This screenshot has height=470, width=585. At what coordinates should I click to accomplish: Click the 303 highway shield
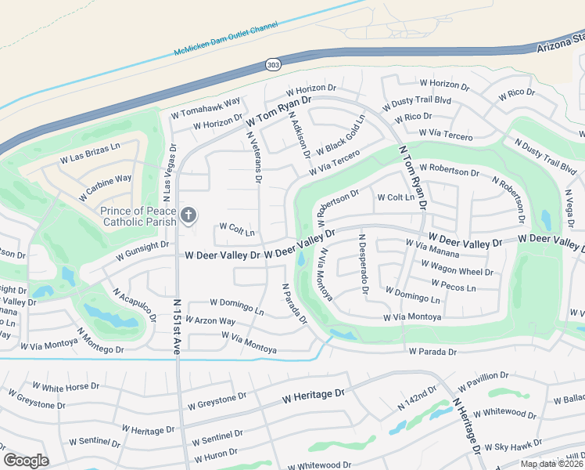(272, 64)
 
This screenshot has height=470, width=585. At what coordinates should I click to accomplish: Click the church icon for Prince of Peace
(188, 215)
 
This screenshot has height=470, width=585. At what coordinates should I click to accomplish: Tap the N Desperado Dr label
(363, 263)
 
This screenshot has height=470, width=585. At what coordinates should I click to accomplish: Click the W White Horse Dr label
(66, 386)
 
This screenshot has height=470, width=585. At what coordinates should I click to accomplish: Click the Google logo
(26, 461)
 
